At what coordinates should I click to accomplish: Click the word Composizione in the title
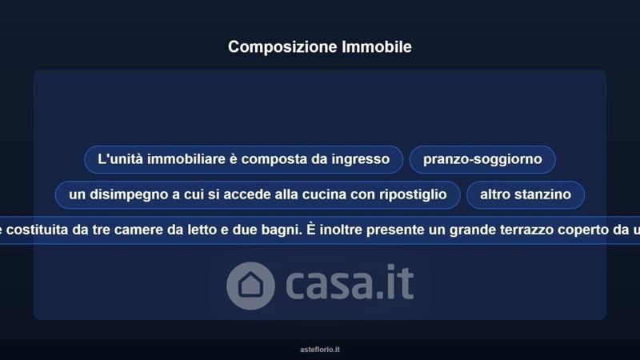282,47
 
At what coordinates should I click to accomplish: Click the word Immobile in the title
377,46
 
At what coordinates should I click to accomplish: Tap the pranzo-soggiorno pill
482,159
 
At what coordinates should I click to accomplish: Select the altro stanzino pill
526,194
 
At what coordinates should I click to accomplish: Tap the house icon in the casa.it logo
250,286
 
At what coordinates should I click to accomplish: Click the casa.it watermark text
350,282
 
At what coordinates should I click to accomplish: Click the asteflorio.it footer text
320,350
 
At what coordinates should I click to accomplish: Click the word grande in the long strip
473,230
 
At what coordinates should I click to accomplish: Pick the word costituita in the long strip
37,230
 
